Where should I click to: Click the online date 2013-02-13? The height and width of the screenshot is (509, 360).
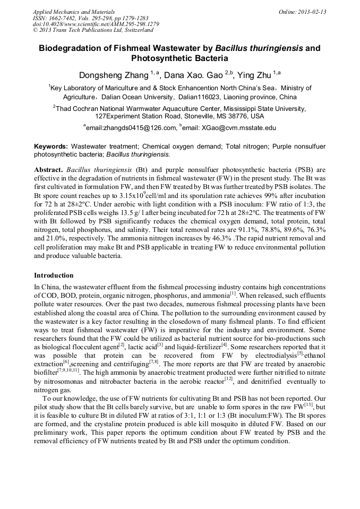tap(313, 12)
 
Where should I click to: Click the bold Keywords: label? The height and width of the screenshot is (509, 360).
tap(51, 146)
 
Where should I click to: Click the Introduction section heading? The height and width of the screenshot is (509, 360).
tap(54, 275)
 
